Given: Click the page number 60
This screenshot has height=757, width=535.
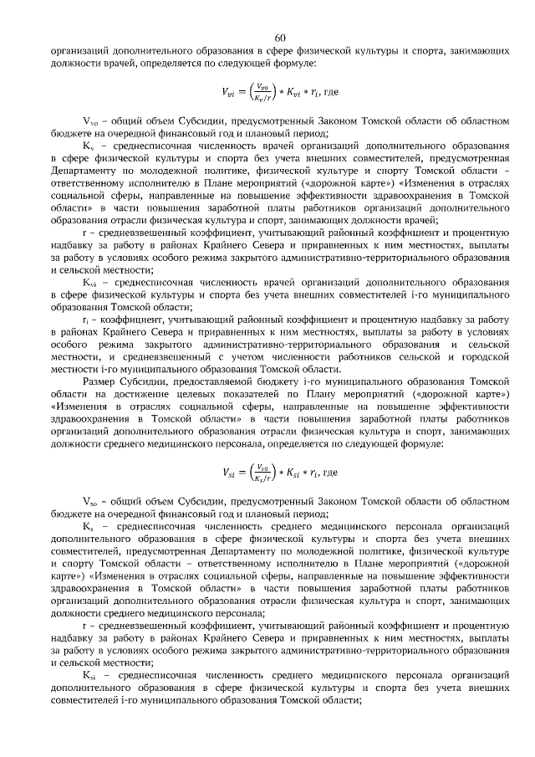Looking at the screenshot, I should click(280, 37).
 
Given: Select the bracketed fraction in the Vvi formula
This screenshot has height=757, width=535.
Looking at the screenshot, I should click(263, 90).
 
